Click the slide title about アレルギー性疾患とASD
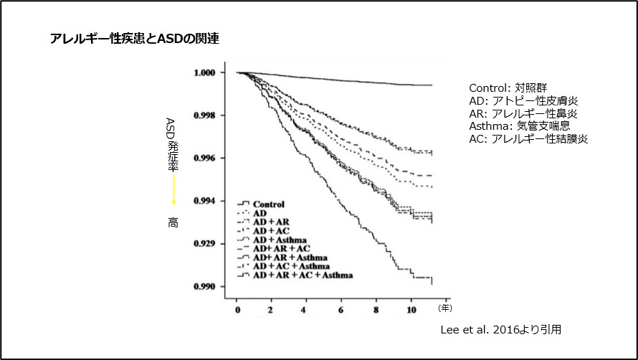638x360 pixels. [x=134, y=39]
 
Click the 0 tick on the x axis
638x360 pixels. [x=237, y=310]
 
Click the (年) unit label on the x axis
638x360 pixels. [x=445, y=308]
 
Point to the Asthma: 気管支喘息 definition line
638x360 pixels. [x=515, y=126]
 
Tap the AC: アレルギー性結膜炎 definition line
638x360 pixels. [x=529, y=139]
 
